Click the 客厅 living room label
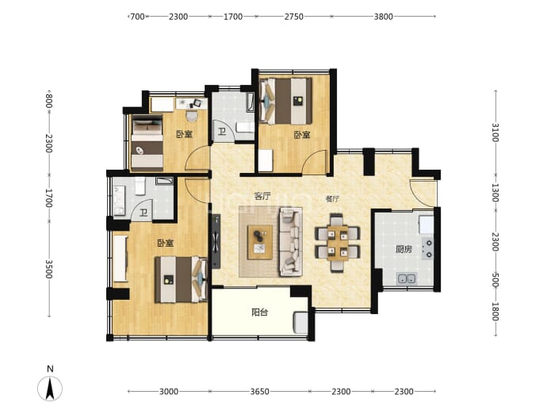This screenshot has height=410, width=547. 262,196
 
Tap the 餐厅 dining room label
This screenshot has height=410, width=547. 332,199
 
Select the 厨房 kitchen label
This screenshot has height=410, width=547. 404,249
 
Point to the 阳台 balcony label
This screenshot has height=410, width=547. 259,312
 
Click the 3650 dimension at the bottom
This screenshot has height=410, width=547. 259,392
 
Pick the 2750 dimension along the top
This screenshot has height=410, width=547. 294,17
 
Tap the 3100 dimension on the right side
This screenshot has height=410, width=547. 495,132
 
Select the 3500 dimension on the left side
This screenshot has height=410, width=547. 49,269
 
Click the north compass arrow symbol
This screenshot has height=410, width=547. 50,388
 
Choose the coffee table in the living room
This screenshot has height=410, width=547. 260,242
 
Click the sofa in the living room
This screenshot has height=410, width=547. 290,242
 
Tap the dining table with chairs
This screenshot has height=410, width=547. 338,243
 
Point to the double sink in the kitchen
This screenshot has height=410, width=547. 407,279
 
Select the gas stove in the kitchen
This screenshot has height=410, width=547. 428,249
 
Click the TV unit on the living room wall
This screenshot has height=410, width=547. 216,241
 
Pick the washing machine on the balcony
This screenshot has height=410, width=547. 300,323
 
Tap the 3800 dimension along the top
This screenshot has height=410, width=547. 384,17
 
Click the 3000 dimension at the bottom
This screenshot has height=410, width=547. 169,392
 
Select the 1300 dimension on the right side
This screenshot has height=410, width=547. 495,193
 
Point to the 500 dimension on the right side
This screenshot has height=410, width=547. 495,280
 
